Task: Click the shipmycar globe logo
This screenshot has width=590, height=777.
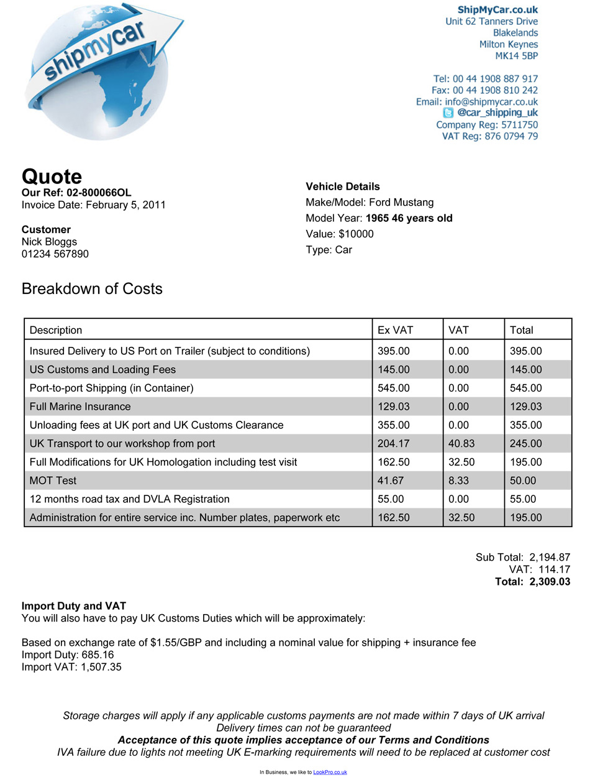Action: [102, 71]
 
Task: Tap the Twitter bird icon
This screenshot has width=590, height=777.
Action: [448, 113]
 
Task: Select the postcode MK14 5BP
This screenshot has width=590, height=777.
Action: [516, 56]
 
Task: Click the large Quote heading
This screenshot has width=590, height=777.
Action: [52, 177]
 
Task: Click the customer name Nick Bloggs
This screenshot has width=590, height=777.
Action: [50, 242]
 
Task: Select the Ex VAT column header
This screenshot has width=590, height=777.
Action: [395, 330]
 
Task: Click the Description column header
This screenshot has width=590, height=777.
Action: [56, 330]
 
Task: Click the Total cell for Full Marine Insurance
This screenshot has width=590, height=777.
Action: [525, 407]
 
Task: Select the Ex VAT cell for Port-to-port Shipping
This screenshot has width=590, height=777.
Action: [394, 388]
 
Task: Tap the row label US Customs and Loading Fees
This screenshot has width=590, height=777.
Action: [102, 370]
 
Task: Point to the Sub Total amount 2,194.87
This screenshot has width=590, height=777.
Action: [550, 558]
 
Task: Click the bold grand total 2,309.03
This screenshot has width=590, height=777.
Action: [550, 582]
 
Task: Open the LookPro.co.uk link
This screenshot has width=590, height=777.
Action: [330, 772]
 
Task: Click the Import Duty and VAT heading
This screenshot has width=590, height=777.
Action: [74, 606]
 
